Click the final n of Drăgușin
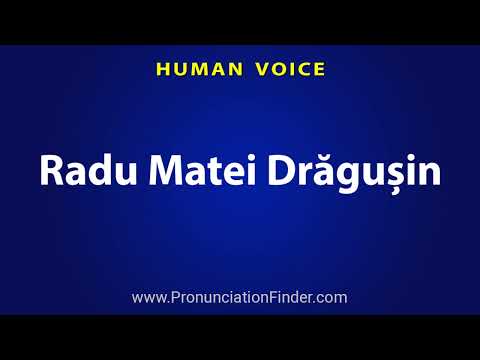coord(429,171)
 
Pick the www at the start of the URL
coord(147,297)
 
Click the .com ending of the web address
coord(331,297)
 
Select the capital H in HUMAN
coord(160,69)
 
